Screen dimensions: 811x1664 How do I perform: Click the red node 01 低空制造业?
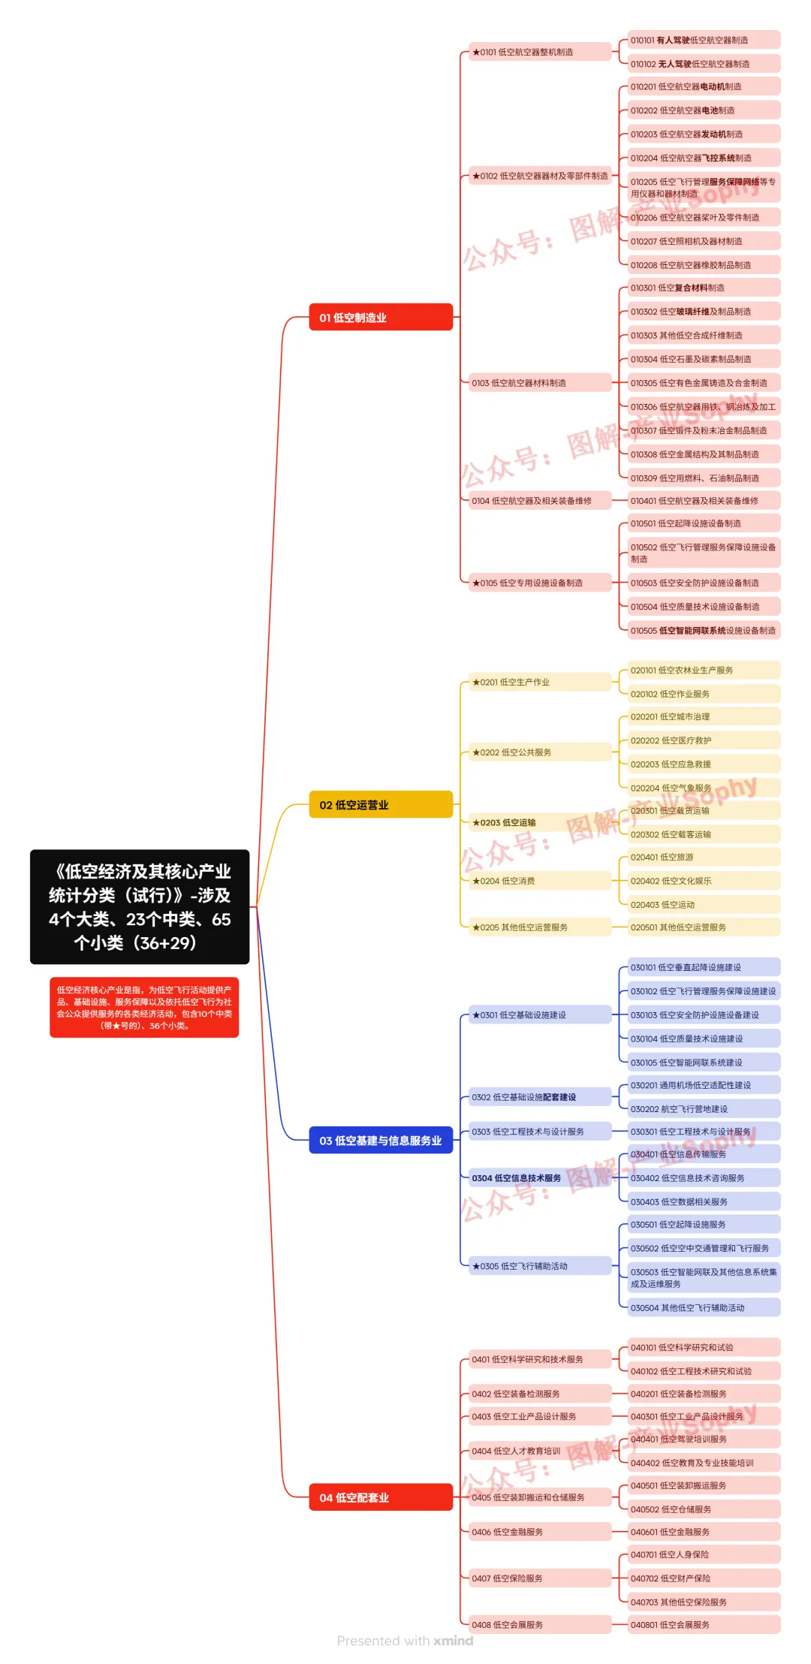click(380, 317)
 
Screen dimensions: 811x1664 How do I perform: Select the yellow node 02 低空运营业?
click(380, 804)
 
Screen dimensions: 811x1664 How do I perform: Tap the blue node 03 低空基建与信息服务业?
click(380, 1140)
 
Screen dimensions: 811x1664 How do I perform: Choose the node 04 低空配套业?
click(380, 1497)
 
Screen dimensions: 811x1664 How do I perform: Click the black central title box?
click(140, 906)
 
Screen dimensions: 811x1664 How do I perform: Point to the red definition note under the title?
click(144, 1007)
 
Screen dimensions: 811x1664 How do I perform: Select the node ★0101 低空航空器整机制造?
click(539, 52)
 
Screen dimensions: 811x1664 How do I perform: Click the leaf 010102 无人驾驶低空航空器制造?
click(704, 64)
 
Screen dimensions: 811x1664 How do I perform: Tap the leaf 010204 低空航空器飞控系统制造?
click(704, 158)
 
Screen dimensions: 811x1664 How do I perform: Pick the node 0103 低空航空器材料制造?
click(539, 383)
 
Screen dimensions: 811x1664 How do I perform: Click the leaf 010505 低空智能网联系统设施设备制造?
click(704, 631)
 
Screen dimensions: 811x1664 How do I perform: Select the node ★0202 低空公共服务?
click(539, 752)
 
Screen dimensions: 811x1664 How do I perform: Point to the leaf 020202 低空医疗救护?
click(704, 740)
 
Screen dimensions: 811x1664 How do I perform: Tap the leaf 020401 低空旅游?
click(704, 857)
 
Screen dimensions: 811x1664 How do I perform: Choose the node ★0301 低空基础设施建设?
click(539, 1015)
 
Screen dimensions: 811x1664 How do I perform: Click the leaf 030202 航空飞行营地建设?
click(704, 1109)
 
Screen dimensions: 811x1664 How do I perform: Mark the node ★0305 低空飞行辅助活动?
click(539, 1266)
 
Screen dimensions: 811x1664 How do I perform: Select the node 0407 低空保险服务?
click(539, 1578)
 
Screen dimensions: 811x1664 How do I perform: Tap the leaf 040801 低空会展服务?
click(704, 1625)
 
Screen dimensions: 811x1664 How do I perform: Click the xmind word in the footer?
click(454, 1641)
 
